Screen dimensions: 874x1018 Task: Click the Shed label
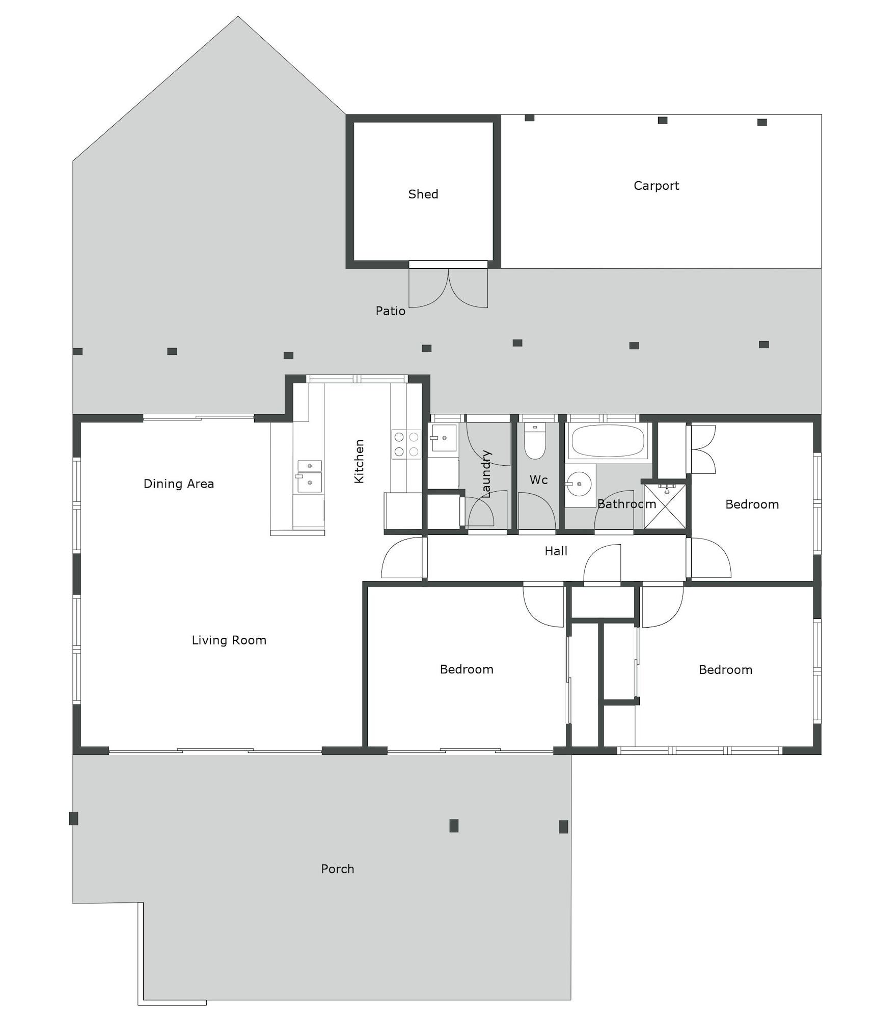423,194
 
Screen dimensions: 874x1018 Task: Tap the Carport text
656,186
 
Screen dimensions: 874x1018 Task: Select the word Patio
390,311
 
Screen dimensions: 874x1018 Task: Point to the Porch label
337,869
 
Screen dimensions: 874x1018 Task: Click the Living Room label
229,640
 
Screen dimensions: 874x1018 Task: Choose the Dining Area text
178,484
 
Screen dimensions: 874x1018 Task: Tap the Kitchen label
359,461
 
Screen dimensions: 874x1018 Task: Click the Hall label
556,551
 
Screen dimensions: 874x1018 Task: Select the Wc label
538,479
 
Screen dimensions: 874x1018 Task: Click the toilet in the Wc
535,441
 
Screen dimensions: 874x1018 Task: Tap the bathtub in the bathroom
608,441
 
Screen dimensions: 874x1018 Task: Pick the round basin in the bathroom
579,484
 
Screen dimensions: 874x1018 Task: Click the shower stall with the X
665,506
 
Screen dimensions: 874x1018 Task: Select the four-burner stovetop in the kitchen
406,444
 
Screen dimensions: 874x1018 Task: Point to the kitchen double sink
310,476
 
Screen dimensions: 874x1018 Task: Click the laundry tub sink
442,438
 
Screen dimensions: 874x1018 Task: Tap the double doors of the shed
448,288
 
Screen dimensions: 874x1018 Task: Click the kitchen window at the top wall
357,379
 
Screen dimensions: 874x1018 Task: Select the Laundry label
486,474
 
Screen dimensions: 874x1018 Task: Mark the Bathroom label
626,504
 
